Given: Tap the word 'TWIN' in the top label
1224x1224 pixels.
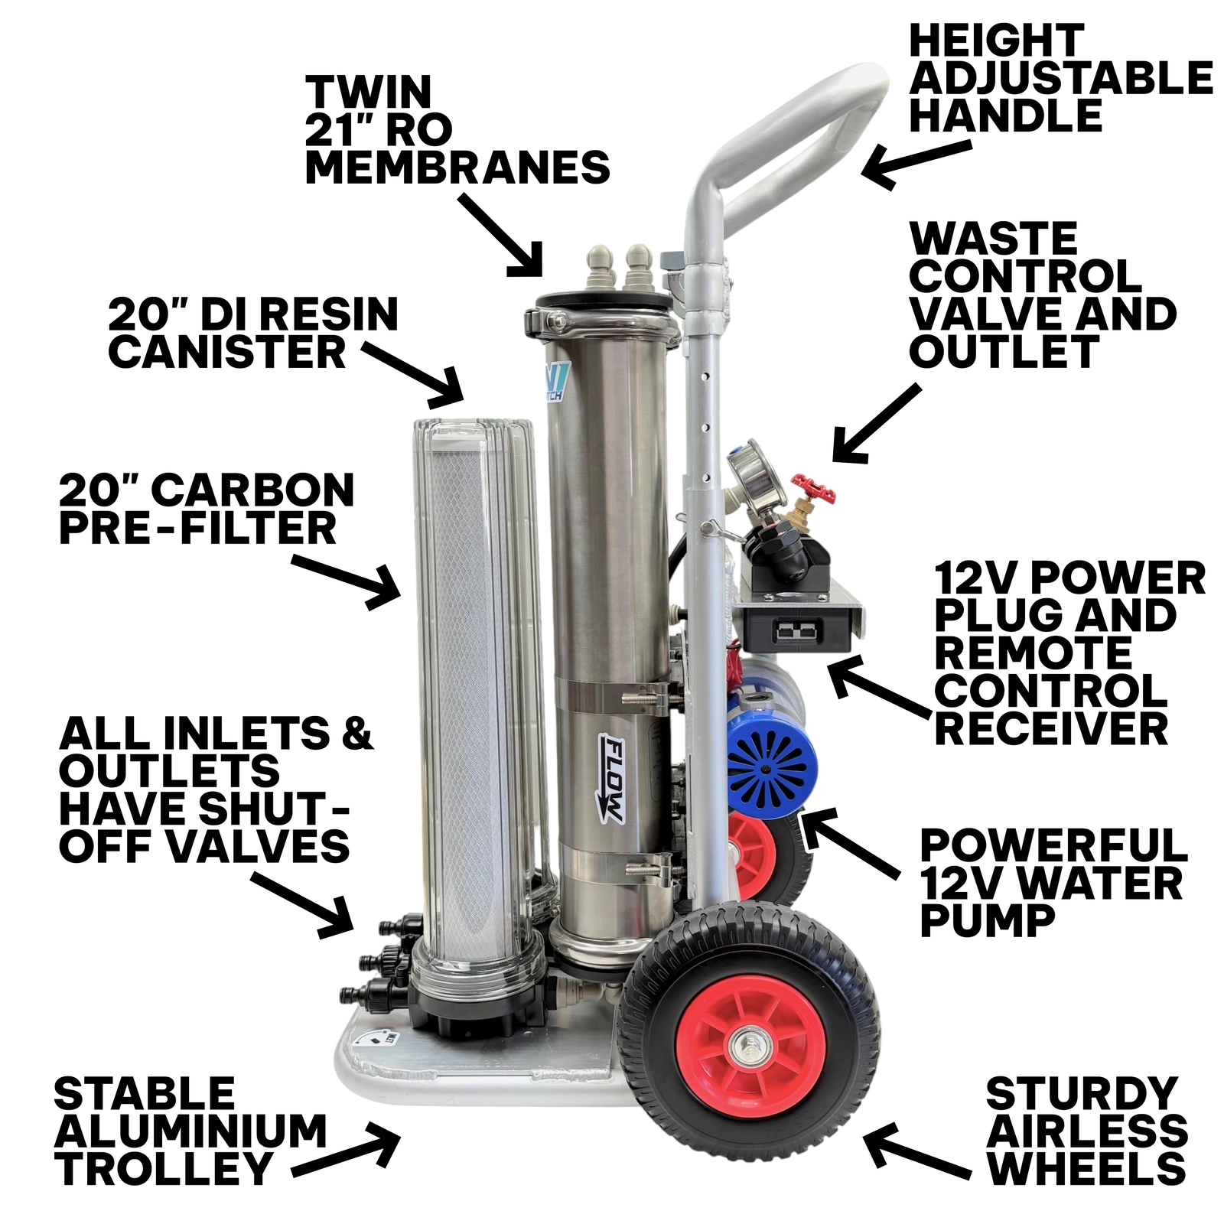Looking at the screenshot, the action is (x=369, y=91).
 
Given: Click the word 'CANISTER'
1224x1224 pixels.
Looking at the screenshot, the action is (x=228, y=353).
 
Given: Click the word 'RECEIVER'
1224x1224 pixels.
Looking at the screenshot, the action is (x=1051, y=728).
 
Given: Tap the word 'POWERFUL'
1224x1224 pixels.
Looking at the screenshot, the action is (x=1053, y=845).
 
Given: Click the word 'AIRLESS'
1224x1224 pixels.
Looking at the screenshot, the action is (x=1087, y=1131).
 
